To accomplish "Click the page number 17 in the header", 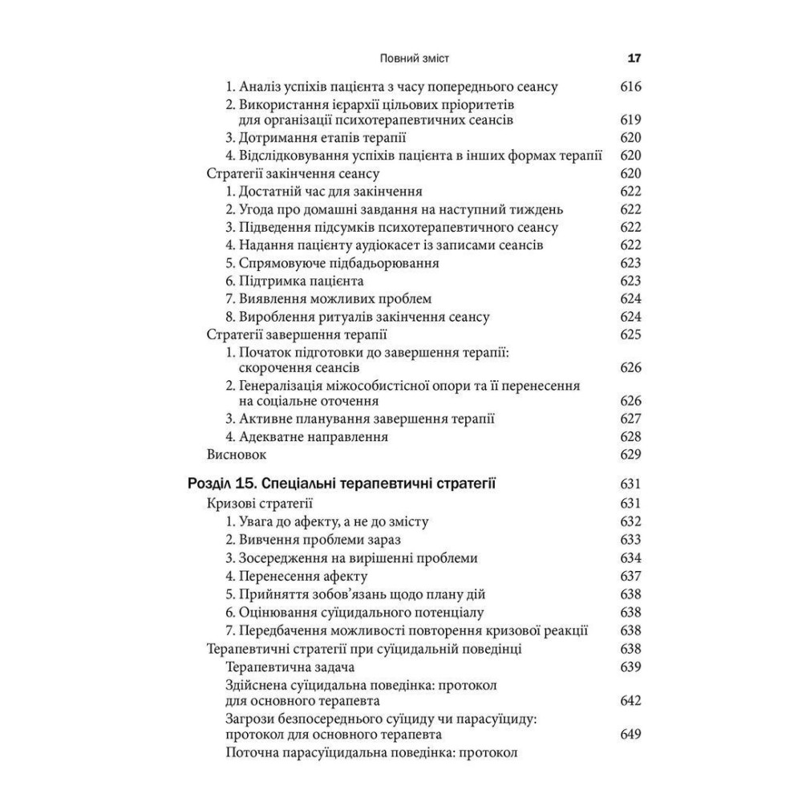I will pos(634,59).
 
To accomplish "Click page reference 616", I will pos(631,86).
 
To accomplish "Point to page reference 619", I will pos(631,119).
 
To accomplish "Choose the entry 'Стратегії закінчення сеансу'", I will pos(293,173).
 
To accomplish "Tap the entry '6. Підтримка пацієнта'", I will pos(294,281).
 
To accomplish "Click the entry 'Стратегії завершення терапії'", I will pos(297,334).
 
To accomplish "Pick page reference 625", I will pos(631,334).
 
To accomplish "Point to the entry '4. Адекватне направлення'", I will pos(307,437).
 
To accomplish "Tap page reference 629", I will pos(631,455).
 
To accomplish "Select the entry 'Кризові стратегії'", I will pos(260,504).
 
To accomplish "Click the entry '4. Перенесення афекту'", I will pos(297,576).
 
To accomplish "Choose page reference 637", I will pos(631,576).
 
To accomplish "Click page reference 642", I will pos(631,700).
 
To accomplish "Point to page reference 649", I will pos(631,734).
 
